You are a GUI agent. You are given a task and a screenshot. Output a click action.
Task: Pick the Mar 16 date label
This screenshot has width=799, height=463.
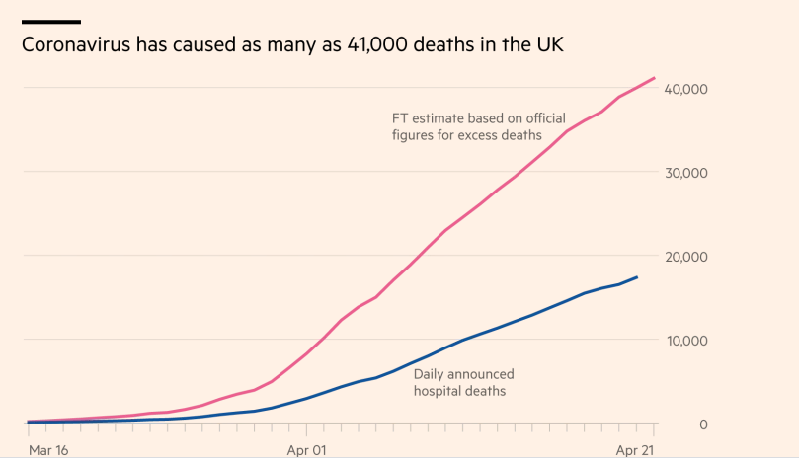(49, 449)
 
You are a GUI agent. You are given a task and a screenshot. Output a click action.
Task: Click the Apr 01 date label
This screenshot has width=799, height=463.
(306, 449)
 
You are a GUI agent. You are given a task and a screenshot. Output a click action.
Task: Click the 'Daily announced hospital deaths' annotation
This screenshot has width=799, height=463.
(462, 383)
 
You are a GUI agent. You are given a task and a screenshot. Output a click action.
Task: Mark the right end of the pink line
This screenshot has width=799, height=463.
(654, 78)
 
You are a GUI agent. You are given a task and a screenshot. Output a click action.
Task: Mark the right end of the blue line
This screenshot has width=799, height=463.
(637, 277)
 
